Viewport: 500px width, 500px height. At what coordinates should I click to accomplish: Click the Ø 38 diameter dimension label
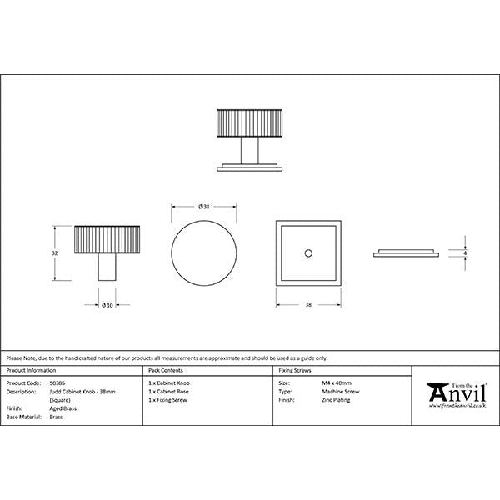203,206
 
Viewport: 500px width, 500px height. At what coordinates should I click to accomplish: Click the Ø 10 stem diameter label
107,304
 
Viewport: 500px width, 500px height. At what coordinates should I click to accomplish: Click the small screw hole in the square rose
307,252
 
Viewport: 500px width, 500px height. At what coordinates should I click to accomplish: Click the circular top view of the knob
203,253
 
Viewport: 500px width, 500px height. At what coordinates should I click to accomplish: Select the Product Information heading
32,368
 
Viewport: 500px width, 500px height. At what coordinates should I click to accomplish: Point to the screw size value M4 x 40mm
336,383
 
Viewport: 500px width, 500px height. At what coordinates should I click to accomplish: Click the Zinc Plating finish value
335,399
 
